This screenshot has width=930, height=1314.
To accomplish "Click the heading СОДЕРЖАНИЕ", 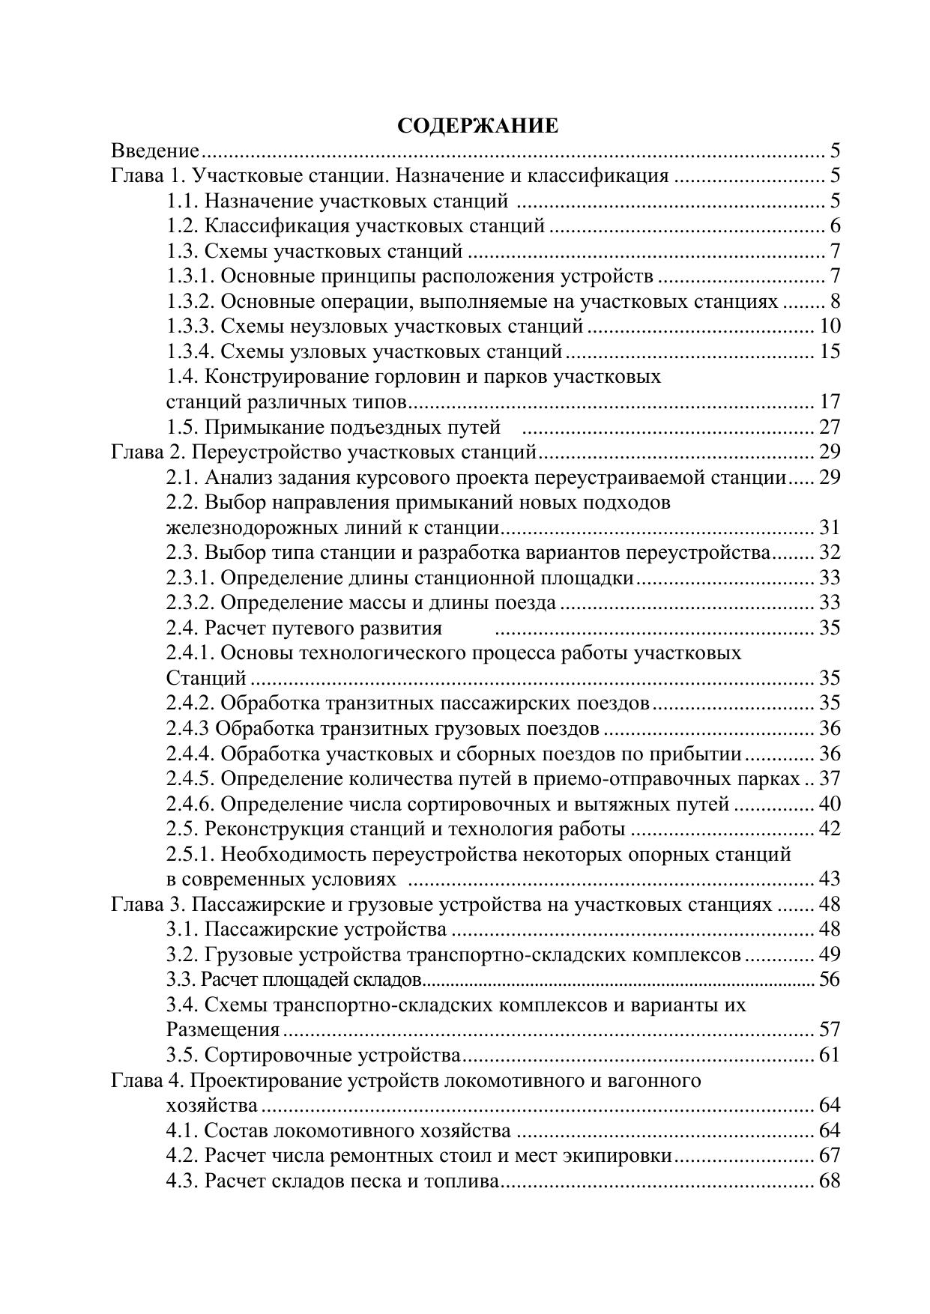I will click(477, 126).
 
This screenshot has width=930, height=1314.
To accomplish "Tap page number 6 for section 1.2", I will click(835, 226).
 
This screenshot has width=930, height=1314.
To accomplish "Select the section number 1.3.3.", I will click(190, 327).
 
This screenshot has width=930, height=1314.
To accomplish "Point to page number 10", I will click(830, 327).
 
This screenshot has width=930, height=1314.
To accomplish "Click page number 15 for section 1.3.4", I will click(830, 351).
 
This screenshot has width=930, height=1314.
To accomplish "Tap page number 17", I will click(830, 402).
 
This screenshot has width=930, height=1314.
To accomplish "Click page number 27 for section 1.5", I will click(830, 427).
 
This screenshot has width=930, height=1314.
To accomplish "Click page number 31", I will click(830, 527).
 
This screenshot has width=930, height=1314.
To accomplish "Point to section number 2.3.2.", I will click(190, 603).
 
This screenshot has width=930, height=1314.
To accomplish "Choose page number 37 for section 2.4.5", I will click(830, 779).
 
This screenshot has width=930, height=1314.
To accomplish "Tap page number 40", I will click(830, 804).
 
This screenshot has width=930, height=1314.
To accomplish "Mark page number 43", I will click(830, 879).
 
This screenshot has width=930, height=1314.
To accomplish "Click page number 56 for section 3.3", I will click(830, 979).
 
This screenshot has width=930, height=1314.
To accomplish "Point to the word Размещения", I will click(223, 1030).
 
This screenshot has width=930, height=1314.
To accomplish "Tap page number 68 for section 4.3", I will click(830, 1181).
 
